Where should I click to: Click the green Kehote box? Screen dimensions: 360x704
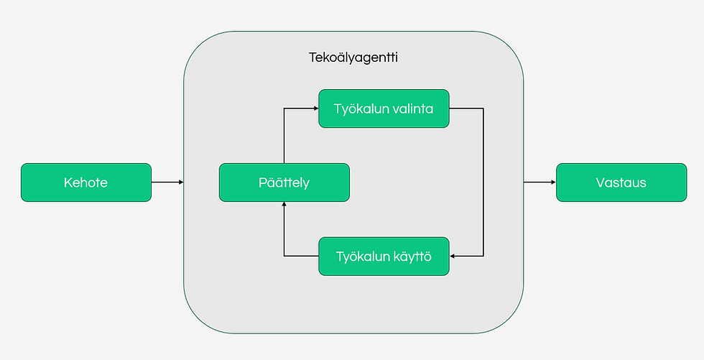(x=85, y=183)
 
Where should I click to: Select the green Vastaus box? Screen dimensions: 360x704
(x=621, y=183)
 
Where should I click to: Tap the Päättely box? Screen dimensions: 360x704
(x=284, y=183)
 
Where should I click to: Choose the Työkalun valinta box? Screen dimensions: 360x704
(x=384, y=109)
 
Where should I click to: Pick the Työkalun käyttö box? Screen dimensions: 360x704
(x=384, y=256)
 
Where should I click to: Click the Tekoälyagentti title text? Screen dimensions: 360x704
(x=353, y=57)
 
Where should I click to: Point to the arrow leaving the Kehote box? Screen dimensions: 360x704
(x=167, y=183)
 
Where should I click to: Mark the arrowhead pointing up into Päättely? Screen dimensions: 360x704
(x=284, y=206)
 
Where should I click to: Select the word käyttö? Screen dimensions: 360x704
(x=412, y=256)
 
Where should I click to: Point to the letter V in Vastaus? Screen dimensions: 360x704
(x=600, y=183)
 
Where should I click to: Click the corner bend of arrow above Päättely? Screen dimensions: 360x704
(x=284, y=109)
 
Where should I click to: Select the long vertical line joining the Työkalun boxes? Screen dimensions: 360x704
(x=483, y=183)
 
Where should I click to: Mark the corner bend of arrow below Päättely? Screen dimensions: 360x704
(x=284, y=256)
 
